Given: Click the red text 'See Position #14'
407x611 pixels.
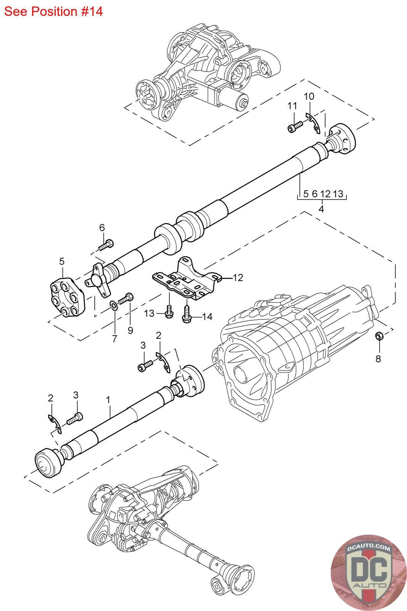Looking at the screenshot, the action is pos(53,11).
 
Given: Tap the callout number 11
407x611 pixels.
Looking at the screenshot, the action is pos(292,106).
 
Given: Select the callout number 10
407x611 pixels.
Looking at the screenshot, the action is pos(309,96).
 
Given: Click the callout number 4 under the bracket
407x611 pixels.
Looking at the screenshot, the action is pos(322,209).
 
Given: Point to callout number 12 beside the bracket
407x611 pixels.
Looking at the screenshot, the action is pos(238,278).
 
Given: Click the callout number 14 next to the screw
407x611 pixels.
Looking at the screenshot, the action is pos(207,317).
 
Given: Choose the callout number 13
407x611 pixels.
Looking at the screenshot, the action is pos(149,314).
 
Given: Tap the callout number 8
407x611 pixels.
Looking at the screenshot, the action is pos(378,359).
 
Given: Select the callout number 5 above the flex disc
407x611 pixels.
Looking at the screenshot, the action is pos(62,261).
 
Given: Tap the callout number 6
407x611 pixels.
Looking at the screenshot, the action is pos(102,228).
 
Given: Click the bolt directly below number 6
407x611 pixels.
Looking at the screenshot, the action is pos(106,245).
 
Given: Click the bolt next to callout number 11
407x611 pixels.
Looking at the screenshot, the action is pos(295,127).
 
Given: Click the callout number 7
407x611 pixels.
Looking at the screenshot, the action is pos(115,339).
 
